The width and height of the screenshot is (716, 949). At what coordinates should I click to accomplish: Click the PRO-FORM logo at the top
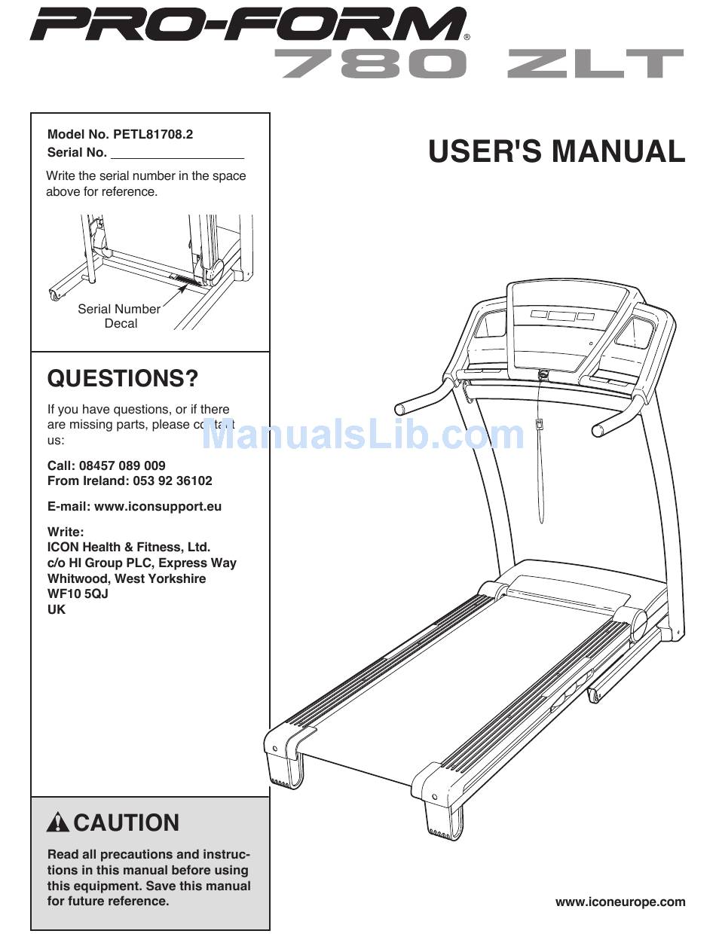(249, 24)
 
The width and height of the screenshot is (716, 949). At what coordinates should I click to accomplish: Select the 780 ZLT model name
(482, 64)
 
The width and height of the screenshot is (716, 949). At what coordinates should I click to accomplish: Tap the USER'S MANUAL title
(556, 151)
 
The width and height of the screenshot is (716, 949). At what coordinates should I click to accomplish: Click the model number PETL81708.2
(153, 135)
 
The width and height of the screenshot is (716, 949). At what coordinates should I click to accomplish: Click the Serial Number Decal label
(119, 316)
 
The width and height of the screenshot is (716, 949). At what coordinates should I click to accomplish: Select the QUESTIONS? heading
(122, 378)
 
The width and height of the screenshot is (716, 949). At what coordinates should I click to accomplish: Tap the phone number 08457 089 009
(121, 465)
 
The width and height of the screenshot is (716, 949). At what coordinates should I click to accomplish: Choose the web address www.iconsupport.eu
(158, 506)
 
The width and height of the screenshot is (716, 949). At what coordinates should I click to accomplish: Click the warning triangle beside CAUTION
(58, 822)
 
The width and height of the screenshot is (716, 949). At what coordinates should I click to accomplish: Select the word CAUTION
(127, 822)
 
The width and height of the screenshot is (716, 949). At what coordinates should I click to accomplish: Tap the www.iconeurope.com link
(620, 902)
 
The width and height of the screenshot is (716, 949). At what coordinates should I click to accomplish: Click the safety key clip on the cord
(539, 424)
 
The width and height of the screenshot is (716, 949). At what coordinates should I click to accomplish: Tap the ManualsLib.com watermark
(363, 435)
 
